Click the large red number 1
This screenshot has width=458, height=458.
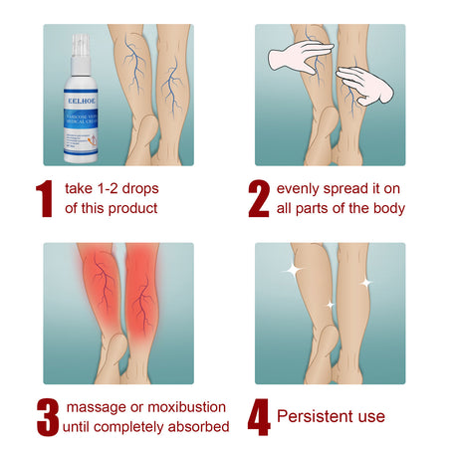tap(43, 199)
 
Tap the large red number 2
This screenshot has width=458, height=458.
tap(259, 199)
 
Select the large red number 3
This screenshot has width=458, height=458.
tap(46, 417)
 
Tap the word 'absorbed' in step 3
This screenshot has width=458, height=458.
tap(199, 427)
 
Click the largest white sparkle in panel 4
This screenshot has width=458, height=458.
tap(293, 271)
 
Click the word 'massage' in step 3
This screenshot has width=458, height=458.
tap(95, 407)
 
